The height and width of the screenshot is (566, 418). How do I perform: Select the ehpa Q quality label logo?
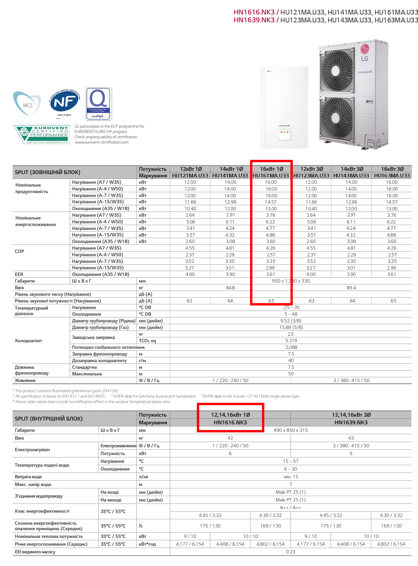click(x=99, y=103)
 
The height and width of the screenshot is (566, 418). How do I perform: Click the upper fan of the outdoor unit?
click(x=337, y=70)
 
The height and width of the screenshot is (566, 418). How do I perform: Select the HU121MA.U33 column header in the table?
click(x=190, y=176)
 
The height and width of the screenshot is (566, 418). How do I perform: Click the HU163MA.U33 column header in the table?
click(x=392, y=176)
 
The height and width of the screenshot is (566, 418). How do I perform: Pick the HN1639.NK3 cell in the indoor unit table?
click(x=351, y=423)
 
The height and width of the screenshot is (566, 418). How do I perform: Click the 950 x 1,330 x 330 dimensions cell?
click(x=291, y=281)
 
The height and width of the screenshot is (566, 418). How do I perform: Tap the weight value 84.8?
click(x=230, y=288)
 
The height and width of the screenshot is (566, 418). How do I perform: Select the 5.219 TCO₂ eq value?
click(x=291, y=341)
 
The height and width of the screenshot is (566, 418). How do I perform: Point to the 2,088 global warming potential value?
click(x=291, y=347)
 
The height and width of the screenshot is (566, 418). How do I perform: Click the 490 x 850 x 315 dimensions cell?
click(x=291, y=430)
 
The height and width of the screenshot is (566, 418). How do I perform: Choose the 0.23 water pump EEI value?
click(x=291, y=552)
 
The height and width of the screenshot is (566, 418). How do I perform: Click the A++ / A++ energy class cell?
click(x=291, y=508)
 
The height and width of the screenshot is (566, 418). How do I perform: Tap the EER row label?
click(x=19, y=274)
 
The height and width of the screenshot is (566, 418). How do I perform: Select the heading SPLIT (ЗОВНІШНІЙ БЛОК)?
click(x=48, y=172)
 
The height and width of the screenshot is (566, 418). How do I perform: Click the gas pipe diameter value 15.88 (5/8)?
click(x=291, y=328)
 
